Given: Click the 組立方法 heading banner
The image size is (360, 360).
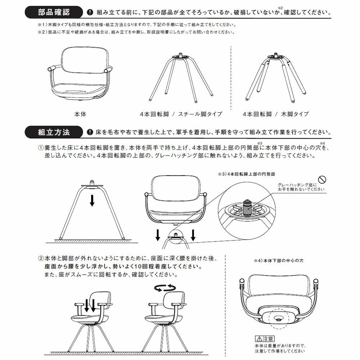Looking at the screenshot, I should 54,132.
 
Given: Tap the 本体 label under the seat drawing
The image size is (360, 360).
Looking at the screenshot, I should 80,114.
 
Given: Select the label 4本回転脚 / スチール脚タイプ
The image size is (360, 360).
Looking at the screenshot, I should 181,114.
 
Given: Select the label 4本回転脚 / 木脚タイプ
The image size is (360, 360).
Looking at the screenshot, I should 276,114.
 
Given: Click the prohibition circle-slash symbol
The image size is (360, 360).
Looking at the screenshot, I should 323,179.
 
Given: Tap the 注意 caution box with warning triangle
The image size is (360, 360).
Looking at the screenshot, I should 265,339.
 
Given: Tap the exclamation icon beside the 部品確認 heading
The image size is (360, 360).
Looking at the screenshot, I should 90,13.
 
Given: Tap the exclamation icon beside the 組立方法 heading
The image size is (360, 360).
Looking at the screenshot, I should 90,132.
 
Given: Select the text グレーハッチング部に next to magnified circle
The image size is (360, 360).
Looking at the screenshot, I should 297,185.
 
